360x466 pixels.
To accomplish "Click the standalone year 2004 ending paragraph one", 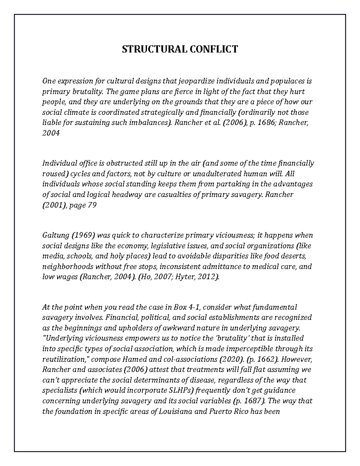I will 51,134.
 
